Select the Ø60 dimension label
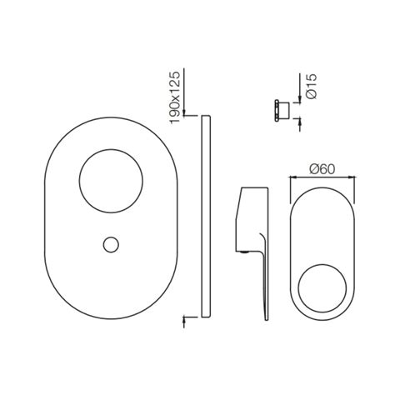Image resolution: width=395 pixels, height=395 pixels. coord(324,167)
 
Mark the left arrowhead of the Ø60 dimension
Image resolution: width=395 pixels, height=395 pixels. coord(292,176)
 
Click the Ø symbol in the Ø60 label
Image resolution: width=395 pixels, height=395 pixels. coord(314,167)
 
